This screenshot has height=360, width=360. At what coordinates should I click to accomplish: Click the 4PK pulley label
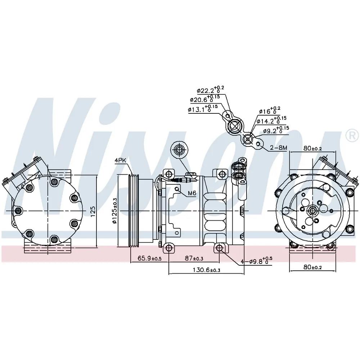tap(121, 161)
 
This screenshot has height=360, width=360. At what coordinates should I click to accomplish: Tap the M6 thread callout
tap(192, 193)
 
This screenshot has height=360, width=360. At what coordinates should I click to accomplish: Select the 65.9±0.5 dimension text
tap(149, 258)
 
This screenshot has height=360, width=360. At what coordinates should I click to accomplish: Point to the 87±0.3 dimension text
tap(194, 258)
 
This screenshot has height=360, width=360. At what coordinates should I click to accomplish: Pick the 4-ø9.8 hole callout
tap(256, 261)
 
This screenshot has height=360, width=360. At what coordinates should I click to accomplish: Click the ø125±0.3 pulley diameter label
tap(114, 211)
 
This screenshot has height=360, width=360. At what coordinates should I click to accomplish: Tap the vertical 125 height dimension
tap(93, 211)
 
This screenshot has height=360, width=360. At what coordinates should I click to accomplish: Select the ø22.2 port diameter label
tap(210, 90)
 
